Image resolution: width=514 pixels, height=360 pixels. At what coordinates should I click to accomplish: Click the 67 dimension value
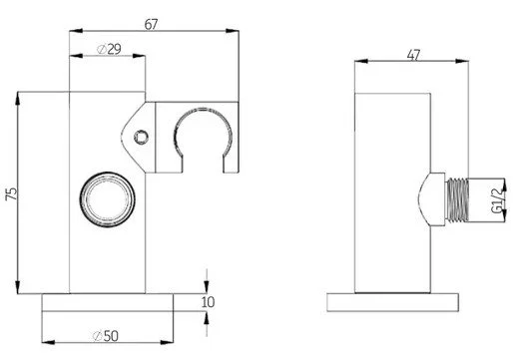tap(151, 24)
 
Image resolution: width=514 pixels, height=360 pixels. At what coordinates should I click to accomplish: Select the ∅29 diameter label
tap(109, 49)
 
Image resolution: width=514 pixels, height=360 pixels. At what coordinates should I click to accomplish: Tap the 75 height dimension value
tap(11, 193)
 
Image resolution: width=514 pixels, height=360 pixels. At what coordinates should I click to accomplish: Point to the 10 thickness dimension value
tap(208, 302)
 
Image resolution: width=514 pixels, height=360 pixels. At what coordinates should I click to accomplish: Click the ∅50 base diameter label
tap(105, 336)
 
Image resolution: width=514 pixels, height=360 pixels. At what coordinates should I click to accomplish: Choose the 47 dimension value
tap(413, 55)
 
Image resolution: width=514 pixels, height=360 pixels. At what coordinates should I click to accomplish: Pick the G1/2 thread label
tap(496, 199)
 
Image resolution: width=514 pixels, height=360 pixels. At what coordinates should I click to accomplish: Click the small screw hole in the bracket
tap(141, 137)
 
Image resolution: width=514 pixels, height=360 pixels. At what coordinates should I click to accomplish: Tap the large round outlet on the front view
tap(107, 199)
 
